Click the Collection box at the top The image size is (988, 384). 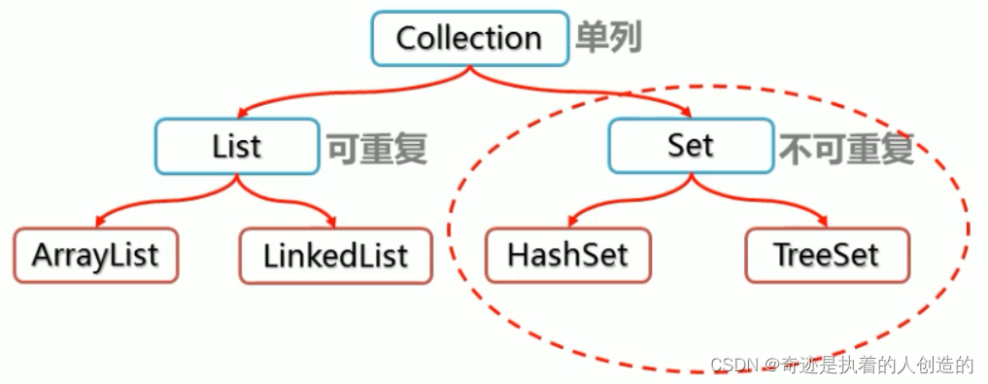(469, 39)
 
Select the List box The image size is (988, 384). (236, 146)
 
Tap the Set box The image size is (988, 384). (691, 146)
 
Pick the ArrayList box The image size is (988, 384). (95, 256)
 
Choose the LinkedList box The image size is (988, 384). (335, 256)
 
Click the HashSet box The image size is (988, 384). (568, 256)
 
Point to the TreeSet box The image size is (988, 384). (827, 256)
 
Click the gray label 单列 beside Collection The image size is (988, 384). (609, 39)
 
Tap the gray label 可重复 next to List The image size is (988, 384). (376, 148)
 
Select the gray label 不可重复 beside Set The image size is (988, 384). (845, 148)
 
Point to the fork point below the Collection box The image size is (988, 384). (470, 70)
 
